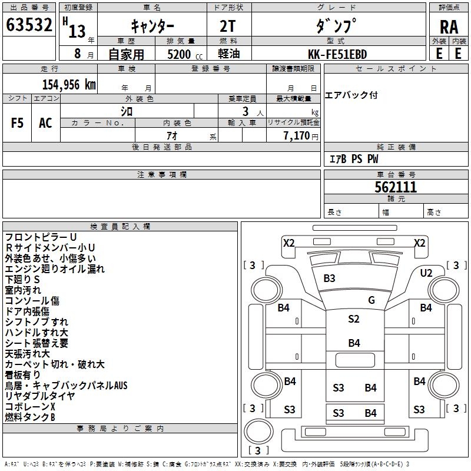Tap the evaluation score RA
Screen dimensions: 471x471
click(x=449, y=27)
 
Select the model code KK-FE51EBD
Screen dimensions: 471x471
click(x=338, y=54)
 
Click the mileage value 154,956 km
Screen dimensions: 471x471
click(x=69, y=84)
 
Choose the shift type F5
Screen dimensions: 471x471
click(x=17, y=123)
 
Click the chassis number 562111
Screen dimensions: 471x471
click(x=396, y=187)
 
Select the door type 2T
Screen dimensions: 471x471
click(x=228, y=27)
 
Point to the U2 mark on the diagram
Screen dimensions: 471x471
click(x=426, y=273)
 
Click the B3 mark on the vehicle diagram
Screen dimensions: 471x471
click(x=330, y=278)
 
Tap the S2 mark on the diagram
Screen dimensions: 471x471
click(x=353, y=319)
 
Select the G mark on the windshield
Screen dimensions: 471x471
click(x=371, y=300)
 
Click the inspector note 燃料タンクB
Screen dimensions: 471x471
click(x=30, y=417)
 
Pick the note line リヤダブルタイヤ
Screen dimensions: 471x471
click(x=40, y=396)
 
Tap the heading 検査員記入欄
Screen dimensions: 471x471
click(x=120, y=227)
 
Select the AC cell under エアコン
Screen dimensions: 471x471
click(x=45, y=123)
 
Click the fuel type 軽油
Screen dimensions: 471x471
click(x=228, y=54)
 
